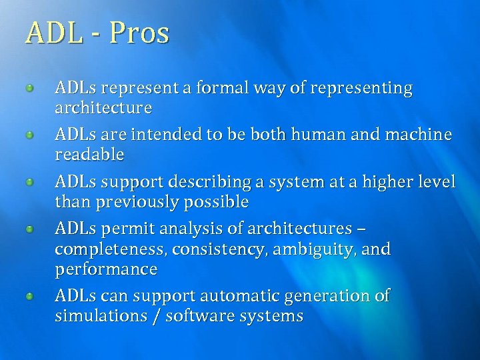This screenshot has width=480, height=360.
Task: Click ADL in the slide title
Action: click(x=53, y=33)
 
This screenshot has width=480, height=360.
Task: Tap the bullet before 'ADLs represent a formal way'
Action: click(x=31, y=88)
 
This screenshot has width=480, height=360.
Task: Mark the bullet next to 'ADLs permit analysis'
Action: click(x=31, y=229)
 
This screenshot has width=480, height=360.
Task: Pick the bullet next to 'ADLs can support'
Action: click(x=31, y=295)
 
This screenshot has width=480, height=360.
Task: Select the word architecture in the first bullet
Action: click(x=103, y=108)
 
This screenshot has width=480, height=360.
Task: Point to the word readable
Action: click(x=89, y=155)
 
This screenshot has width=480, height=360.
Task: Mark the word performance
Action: click(x=106, y=270)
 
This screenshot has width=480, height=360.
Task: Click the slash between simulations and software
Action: click(x=156, y=316)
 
